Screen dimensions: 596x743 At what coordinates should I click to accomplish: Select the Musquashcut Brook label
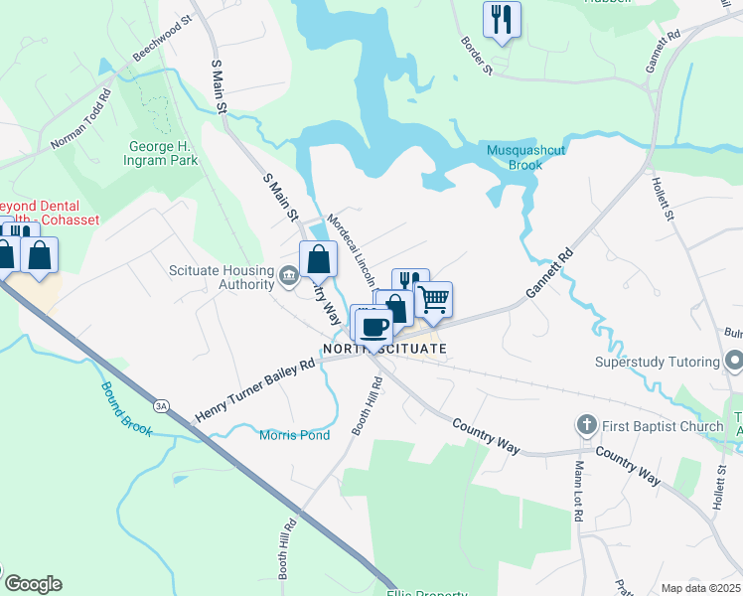point(514,157)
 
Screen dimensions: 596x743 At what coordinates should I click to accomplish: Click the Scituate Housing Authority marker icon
point(289,275)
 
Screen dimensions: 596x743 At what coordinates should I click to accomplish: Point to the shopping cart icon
point(433,298)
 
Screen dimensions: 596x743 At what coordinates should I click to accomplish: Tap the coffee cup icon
point(374,325)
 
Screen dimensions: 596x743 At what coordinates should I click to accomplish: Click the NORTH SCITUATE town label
point(384,349)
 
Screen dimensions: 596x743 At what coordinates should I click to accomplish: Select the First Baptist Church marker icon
point(586,426)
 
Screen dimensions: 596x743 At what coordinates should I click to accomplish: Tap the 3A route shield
point(161,405)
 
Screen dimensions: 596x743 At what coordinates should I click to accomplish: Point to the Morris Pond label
point(294,435)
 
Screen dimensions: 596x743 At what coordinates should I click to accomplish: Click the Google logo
point(32,584)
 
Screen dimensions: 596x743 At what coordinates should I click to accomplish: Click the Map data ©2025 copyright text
point(700,588)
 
